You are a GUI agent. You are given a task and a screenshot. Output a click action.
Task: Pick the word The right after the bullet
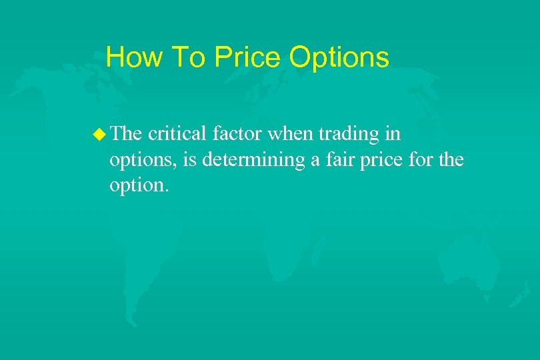pyautogui.click(x=127, y=134)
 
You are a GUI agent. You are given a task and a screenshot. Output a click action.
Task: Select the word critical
pyautogui.click(x=178, y=134)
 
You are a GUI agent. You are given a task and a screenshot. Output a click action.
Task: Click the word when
pyautogui.click(x=291, y=134)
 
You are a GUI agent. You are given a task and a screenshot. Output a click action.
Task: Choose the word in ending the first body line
pyautogui.click(x=393, y=134)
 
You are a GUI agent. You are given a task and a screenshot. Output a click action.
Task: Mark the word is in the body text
pyautogui.click(x=181, y=159)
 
